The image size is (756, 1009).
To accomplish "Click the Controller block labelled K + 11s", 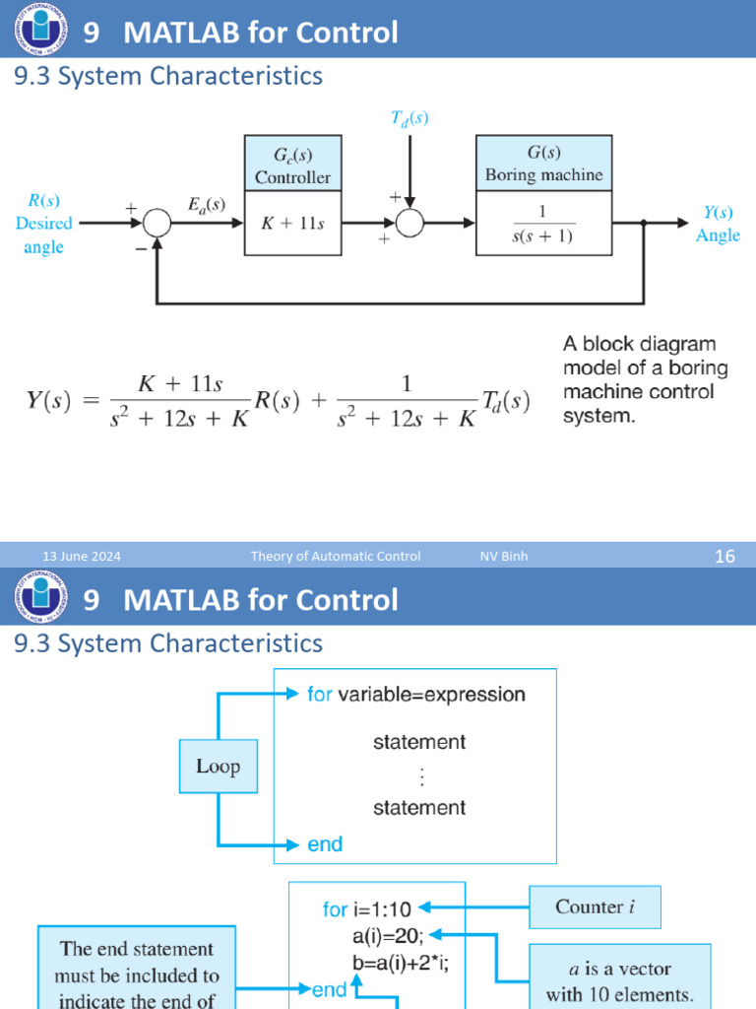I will pos(292,224).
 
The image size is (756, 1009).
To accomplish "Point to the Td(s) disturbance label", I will pos(409,118).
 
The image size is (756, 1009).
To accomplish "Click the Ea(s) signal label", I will pos(206,205).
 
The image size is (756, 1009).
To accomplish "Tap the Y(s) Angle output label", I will pos(717,224).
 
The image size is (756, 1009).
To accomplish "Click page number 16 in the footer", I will pos(724,557).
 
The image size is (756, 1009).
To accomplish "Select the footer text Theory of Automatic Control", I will pos(336,557).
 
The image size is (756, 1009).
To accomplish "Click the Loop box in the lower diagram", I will pos(218,767).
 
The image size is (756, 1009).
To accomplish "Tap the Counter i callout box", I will pos(595,907).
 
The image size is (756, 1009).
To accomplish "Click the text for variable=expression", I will pos(415,695).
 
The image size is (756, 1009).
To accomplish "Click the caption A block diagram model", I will pos(639,380).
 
